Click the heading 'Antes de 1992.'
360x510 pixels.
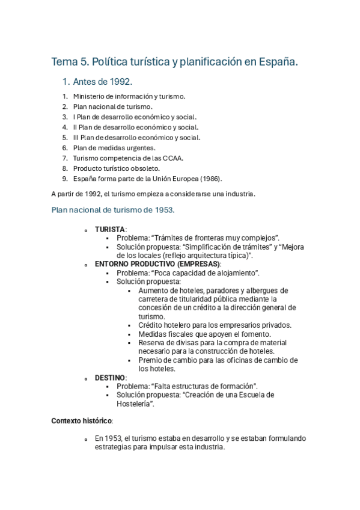[102, 82]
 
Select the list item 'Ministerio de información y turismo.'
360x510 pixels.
[129, 96]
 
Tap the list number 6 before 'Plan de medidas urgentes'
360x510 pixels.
[64, 147]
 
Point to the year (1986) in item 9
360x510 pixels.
[210, 179]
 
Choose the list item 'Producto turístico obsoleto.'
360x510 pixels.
[117, 168]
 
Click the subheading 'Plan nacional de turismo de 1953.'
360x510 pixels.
[113, 210]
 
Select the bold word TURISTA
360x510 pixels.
[110, 230]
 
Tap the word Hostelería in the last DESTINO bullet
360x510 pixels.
[135, 404]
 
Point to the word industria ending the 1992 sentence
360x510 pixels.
[240, 194]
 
